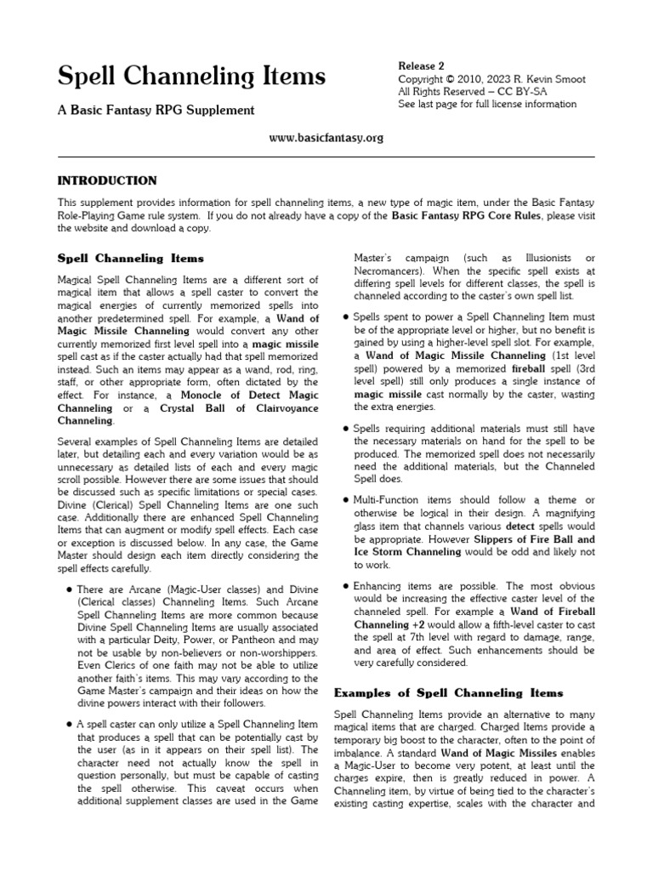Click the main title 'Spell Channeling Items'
pos(191,77)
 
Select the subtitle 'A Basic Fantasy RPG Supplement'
pos(156,111)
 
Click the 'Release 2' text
pos(422,65)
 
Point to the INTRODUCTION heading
pos(107,180)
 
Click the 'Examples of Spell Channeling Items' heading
pos(449,692)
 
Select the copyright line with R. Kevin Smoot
pos(491,79)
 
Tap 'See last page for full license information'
pos(487,105)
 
